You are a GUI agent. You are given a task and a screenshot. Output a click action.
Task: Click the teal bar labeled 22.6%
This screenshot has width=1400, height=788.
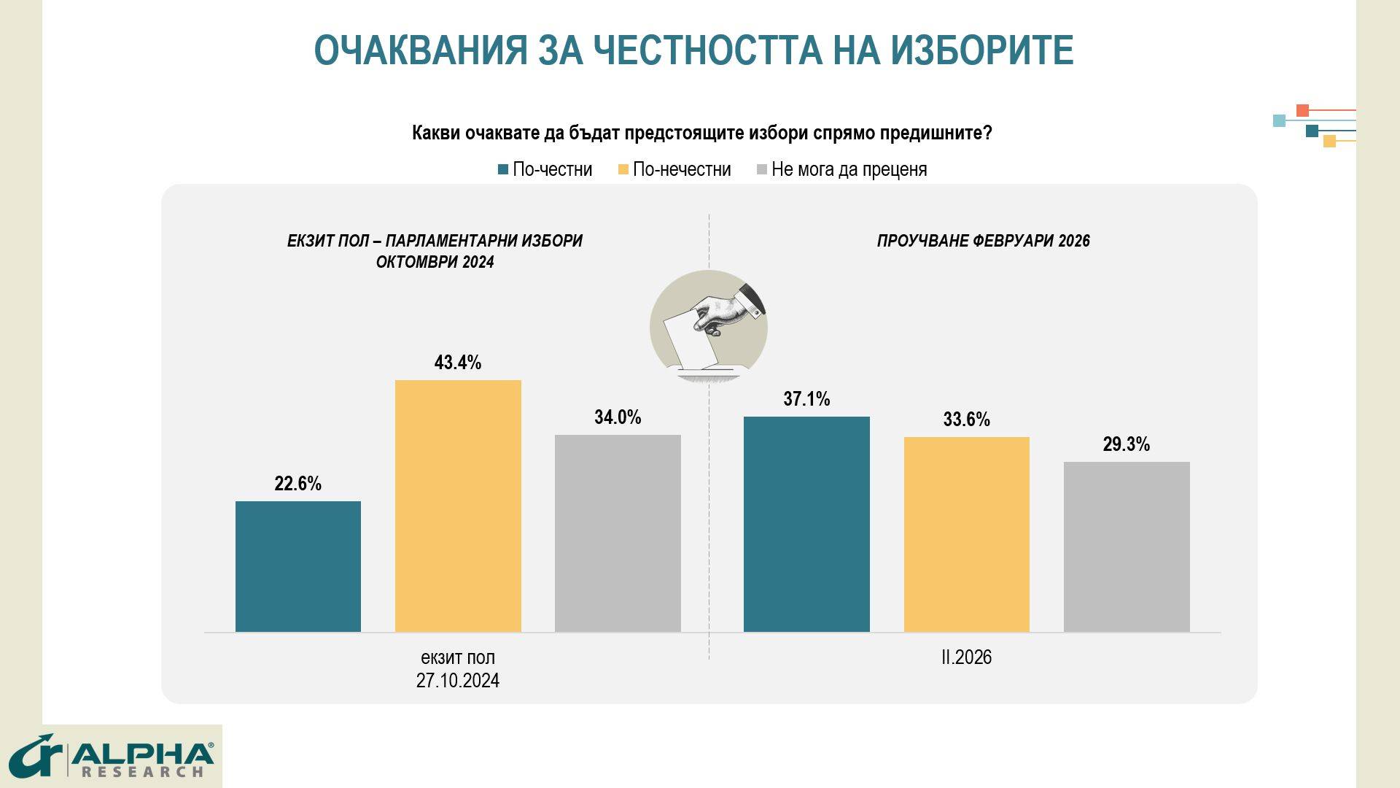pyautogui.click(x=297, y=566)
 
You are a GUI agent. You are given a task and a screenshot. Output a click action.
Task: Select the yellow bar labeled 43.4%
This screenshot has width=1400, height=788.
pyautogui.click(x=458, y=506)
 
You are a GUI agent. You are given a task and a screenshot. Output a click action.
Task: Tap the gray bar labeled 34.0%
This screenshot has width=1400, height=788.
pyautogui.click(x=618, y=533)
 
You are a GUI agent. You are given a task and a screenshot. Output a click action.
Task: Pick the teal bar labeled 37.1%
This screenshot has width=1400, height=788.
pyautogui.click(x=806, y=524)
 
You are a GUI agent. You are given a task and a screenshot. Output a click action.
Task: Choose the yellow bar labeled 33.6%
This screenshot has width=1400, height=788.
pyautogui.click(x=966, y=534)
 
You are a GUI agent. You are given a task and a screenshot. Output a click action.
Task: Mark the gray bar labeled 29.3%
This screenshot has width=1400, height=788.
pyautogui.click(x=1127, y=546)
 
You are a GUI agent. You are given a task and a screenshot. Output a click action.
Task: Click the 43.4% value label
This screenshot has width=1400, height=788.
pyautogui.click(x=458, y=363)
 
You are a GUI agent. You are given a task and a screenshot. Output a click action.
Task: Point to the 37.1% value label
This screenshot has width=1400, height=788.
pyautogui.click(x=806, y=399)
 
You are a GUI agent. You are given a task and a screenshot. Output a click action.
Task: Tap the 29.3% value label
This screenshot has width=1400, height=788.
pyautogui.click(x=1127, y=444)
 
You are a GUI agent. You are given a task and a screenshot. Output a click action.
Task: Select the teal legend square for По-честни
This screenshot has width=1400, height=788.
pyautogui.click(x=503, y=170)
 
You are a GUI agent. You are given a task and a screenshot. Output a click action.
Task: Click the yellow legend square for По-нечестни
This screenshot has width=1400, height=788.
pyautogui.click(x=623, y=170)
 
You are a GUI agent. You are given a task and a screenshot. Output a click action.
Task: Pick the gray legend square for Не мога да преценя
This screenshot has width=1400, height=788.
pyautogui.click(x=762, y=170)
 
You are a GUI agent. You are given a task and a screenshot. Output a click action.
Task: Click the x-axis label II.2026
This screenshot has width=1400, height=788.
pyautogui.click(x=966, y=657)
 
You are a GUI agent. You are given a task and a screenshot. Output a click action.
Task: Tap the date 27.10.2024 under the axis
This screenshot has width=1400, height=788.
pyautogui.click(x=458, y=681)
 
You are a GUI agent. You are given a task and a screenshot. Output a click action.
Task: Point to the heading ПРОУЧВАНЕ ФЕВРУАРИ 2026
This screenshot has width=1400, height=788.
pyautogui.click(x=983, y=241)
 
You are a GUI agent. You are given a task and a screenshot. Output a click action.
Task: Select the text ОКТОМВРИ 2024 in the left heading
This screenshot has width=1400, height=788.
pyautogui.click(x=435, y=263)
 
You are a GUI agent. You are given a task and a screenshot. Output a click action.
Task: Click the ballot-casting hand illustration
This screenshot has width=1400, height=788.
pyautogui.click(x=709, y=326)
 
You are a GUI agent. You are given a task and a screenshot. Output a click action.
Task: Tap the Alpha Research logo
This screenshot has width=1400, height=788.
pyautogui.click(x=112, y=757)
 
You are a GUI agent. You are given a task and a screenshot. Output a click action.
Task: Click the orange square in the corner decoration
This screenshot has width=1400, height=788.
pyautogui.click(x=1302, y=111)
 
